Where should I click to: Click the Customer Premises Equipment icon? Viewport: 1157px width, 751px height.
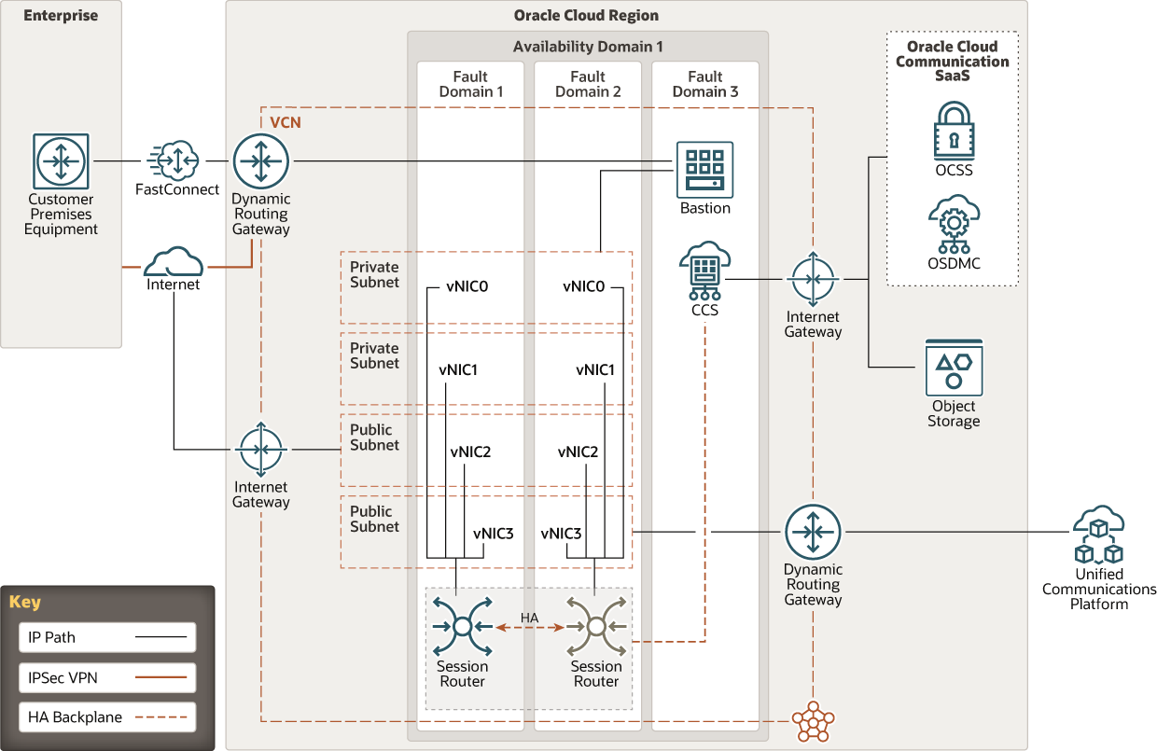coord(61,160)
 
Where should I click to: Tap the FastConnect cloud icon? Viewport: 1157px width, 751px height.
coord(174,160)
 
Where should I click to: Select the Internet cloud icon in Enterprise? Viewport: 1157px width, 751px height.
coord(174,261)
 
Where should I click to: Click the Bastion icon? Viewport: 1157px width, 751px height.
coord(704,169)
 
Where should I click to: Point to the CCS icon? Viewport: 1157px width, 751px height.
coord(704,270)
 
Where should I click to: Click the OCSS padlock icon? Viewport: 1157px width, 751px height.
coord(954,131)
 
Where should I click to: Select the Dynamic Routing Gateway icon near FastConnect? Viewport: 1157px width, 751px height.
coord(261,160)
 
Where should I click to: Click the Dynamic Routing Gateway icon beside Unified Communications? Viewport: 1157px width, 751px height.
coord(813,533)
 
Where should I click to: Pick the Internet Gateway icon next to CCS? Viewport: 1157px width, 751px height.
coord(813,280)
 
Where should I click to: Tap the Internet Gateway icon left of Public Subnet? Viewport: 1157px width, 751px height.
coord(261,450)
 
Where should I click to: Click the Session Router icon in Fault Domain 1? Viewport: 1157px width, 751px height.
coord(462,625)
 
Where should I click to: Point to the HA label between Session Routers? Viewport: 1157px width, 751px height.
coord(529,619)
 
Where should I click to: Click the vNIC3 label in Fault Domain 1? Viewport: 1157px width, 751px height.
coord(493,534)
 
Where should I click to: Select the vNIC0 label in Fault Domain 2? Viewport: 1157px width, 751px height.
coord(584,286)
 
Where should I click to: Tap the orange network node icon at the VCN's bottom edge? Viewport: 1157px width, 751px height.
coord(813,719)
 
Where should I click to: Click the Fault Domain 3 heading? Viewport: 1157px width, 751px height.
coord(704,84)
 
